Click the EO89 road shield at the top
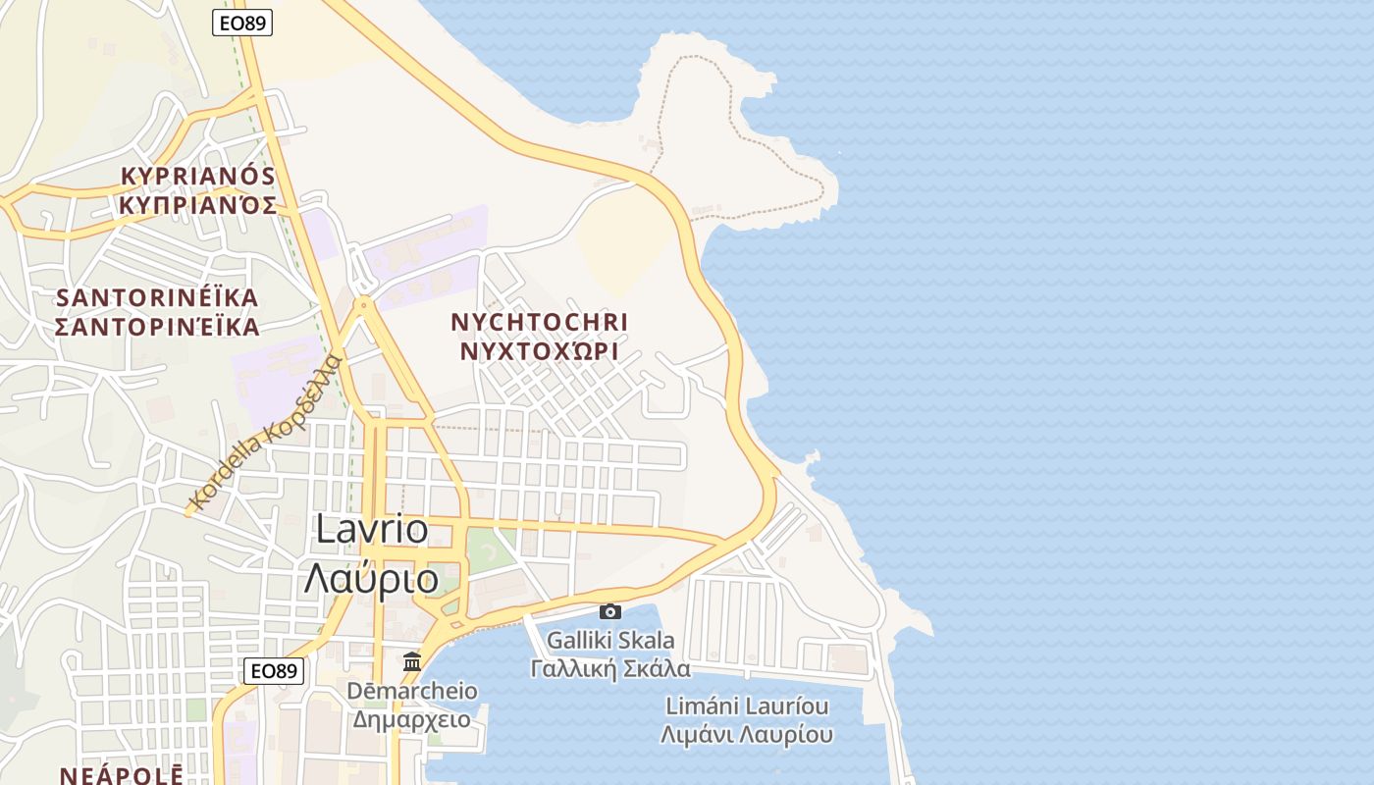coord(242,23)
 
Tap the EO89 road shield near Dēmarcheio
coord(274,671)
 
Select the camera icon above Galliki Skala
coord(610,611)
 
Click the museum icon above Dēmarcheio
coord(412,661)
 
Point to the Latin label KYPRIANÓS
coord(197,176)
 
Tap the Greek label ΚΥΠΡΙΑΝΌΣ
coord(197,205)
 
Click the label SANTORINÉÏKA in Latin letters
coord(157,297)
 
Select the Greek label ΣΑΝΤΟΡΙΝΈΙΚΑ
coord(157,327)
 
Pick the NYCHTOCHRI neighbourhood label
coord(539,322)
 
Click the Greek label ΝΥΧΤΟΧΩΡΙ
coord(539,351)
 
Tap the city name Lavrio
coord(372,530)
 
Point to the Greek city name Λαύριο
coord(372,579)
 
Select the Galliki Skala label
coord(610,641)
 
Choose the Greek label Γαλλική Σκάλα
coord(610,669)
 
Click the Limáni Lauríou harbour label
coord(747,706)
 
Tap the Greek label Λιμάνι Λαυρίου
coord(747,734)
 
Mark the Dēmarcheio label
coord(412,691)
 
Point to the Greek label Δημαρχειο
coord(412,719)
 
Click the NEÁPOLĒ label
coord(121,775)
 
